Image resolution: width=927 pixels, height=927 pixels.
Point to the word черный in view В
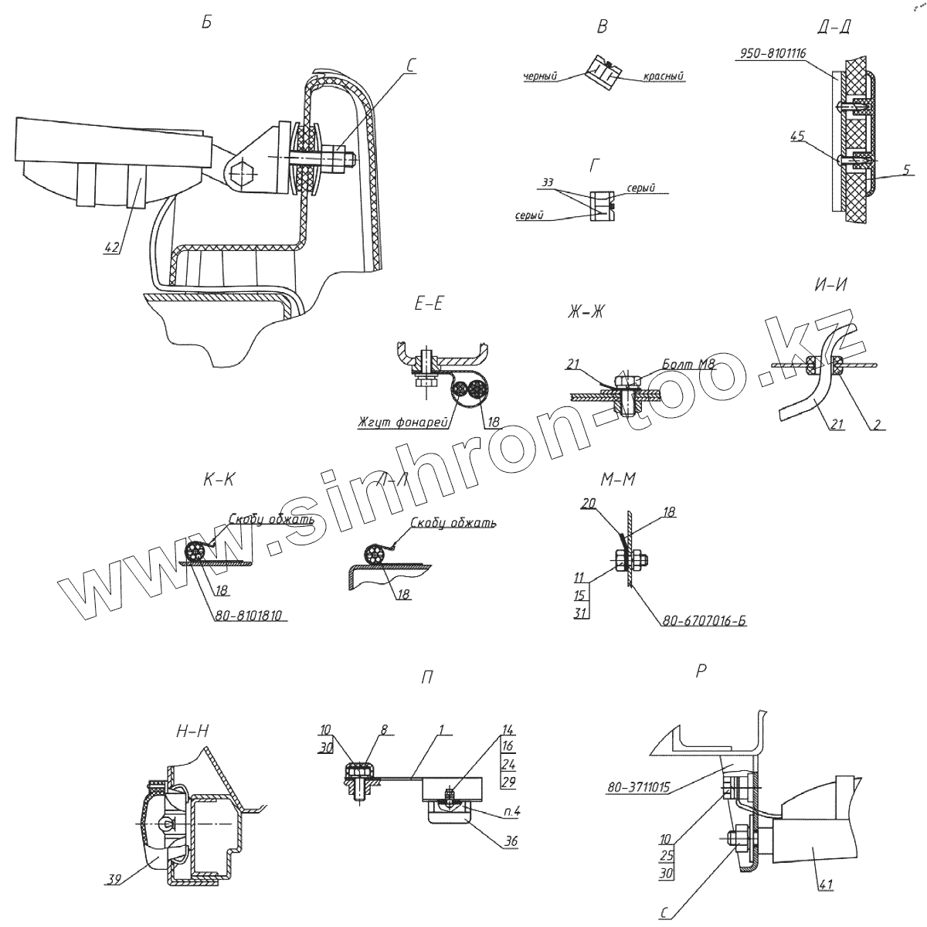click(540, 76)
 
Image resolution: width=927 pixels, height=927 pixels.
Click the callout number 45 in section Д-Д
click(798, 136)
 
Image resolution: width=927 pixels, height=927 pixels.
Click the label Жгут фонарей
click(399, 423)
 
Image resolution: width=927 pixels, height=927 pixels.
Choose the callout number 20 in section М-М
click(589, 502)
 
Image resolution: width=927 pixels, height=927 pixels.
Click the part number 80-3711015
click(637, 788)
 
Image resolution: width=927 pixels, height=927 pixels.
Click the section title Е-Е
click(428, 304)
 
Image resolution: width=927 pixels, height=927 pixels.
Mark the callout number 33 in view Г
click(548, 183)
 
